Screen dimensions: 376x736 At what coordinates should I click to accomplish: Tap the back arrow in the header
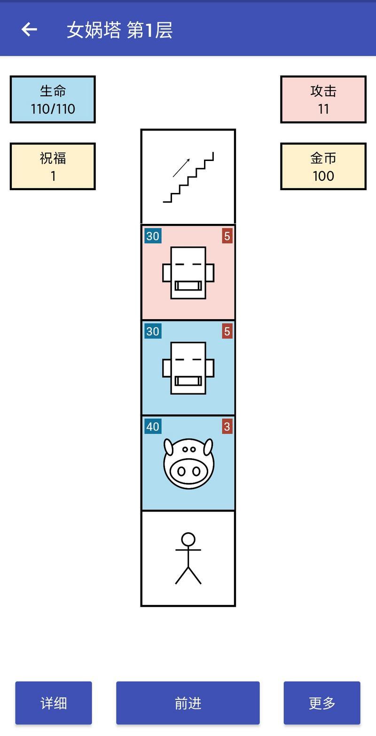click(29, 29)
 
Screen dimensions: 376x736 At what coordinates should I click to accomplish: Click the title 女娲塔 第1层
click(120, 30)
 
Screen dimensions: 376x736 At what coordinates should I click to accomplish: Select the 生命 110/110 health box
click(53, 100)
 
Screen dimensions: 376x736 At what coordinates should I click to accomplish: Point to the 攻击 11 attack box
click(323, 100)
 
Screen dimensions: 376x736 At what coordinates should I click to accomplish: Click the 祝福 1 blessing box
click(53, 166)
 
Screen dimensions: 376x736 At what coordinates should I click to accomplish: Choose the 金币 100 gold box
click(323, 166)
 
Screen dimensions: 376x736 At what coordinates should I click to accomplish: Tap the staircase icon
click(188, 177)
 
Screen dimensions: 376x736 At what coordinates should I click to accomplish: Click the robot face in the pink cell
click(188, 273)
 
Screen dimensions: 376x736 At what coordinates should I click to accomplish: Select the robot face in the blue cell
click(188, 368)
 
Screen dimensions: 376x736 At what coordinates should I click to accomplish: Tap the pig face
click(188, 463)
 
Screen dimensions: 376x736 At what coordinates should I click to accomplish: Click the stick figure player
click(188, 559)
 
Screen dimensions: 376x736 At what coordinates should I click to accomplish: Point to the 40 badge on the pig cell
click(153, 427)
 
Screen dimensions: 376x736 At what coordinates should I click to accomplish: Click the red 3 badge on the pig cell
click(227, 427)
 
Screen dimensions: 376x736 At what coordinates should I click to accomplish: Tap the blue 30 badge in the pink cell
click(153, 236)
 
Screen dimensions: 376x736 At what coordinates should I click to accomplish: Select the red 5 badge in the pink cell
click(227, 236)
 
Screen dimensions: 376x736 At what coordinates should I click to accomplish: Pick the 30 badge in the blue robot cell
click(153, 331)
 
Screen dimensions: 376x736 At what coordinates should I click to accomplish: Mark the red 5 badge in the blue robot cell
click(227, 331)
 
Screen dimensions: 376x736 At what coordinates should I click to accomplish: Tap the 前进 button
click(188, 703)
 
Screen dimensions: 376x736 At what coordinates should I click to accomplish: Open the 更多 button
click(322, 703)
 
